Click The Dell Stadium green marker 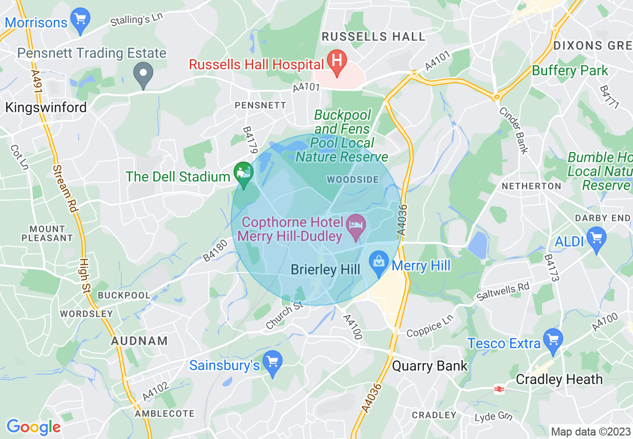[244, 174]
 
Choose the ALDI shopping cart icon [596, 238]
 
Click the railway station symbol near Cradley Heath [498, 389]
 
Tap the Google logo [33, 427]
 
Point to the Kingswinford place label [46, 107]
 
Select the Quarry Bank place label [430, 366]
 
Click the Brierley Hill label [325, 269]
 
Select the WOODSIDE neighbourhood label [352, 180]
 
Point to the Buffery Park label [570, 70]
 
